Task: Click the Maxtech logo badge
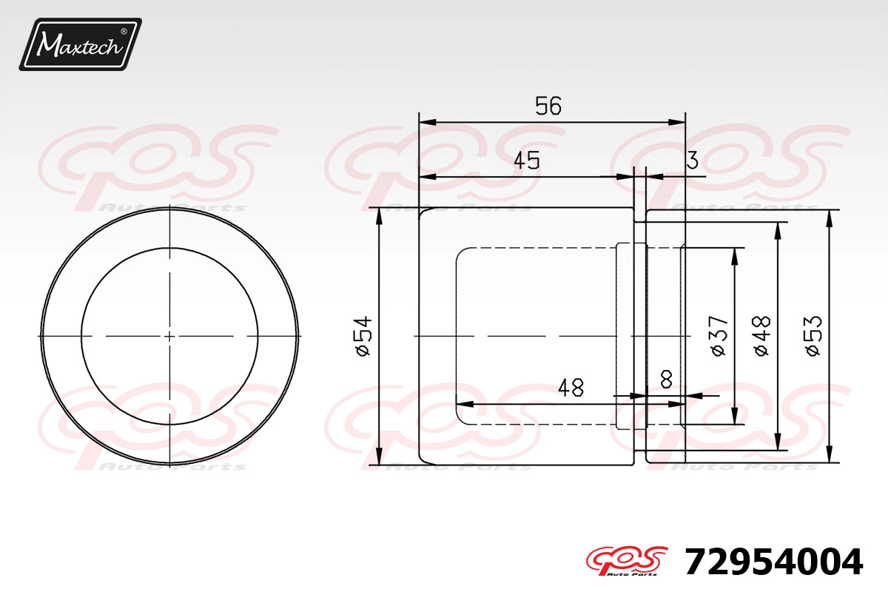click(x=81, y=44)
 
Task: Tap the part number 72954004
click(x=774, y=562)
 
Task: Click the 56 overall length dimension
click(x=548, y=106)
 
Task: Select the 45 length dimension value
click(x=527, y=161)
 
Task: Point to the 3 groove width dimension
click(x=692, y=160)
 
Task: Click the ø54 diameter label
click(x=364, y=336)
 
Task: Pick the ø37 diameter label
click(x=719, y=336)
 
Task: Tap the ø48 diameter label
click(x=762, y=336)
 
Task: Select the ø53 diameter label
click(x=813, y=336)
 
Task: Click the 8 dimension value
click(x=667, y=380)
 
